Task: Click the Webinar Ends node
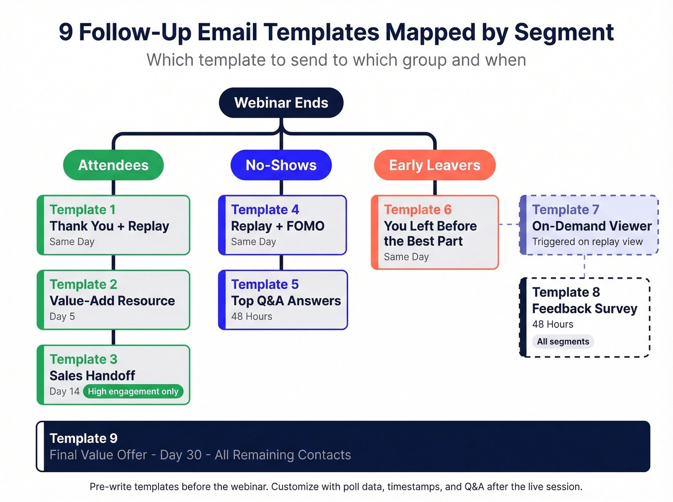click(x=281, y=103)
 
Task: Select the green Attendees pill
click(x=113, y=165)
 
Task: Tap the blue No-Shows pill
click(x=281, y=165)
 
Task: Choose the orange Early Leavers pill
click(x=435, y=165)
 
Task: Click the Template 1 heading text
click(x=83, y=209)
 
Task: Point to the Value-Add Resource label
click(x=112, y=301)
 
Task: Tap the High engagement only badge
click(x=133, y=392)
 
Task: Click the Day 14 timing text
click(x=64, y=392)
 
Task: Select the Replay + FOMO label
click(x=277, y=226)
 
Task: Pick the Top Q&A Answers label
click(x=286, y=301)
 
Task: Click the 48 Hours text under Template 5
click(x=251, y=317)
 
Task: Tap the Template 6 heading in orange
click(x=418, y=209)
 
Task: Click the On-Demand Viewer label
click(x=592, y=226)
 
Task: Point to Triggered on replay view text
click(x=587, y=242)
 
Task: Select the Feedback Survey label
click(x=585, y=308)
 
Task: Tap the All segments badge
click(x=563, y=342)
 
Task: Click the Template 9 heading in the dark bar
click(x=84, y=438)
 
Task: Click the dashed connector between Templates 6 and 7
click(x=509, y=224)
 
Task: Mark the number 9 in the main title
click(x=66, y=32)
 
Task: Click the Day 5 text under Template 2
click(x=62, y=317)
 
